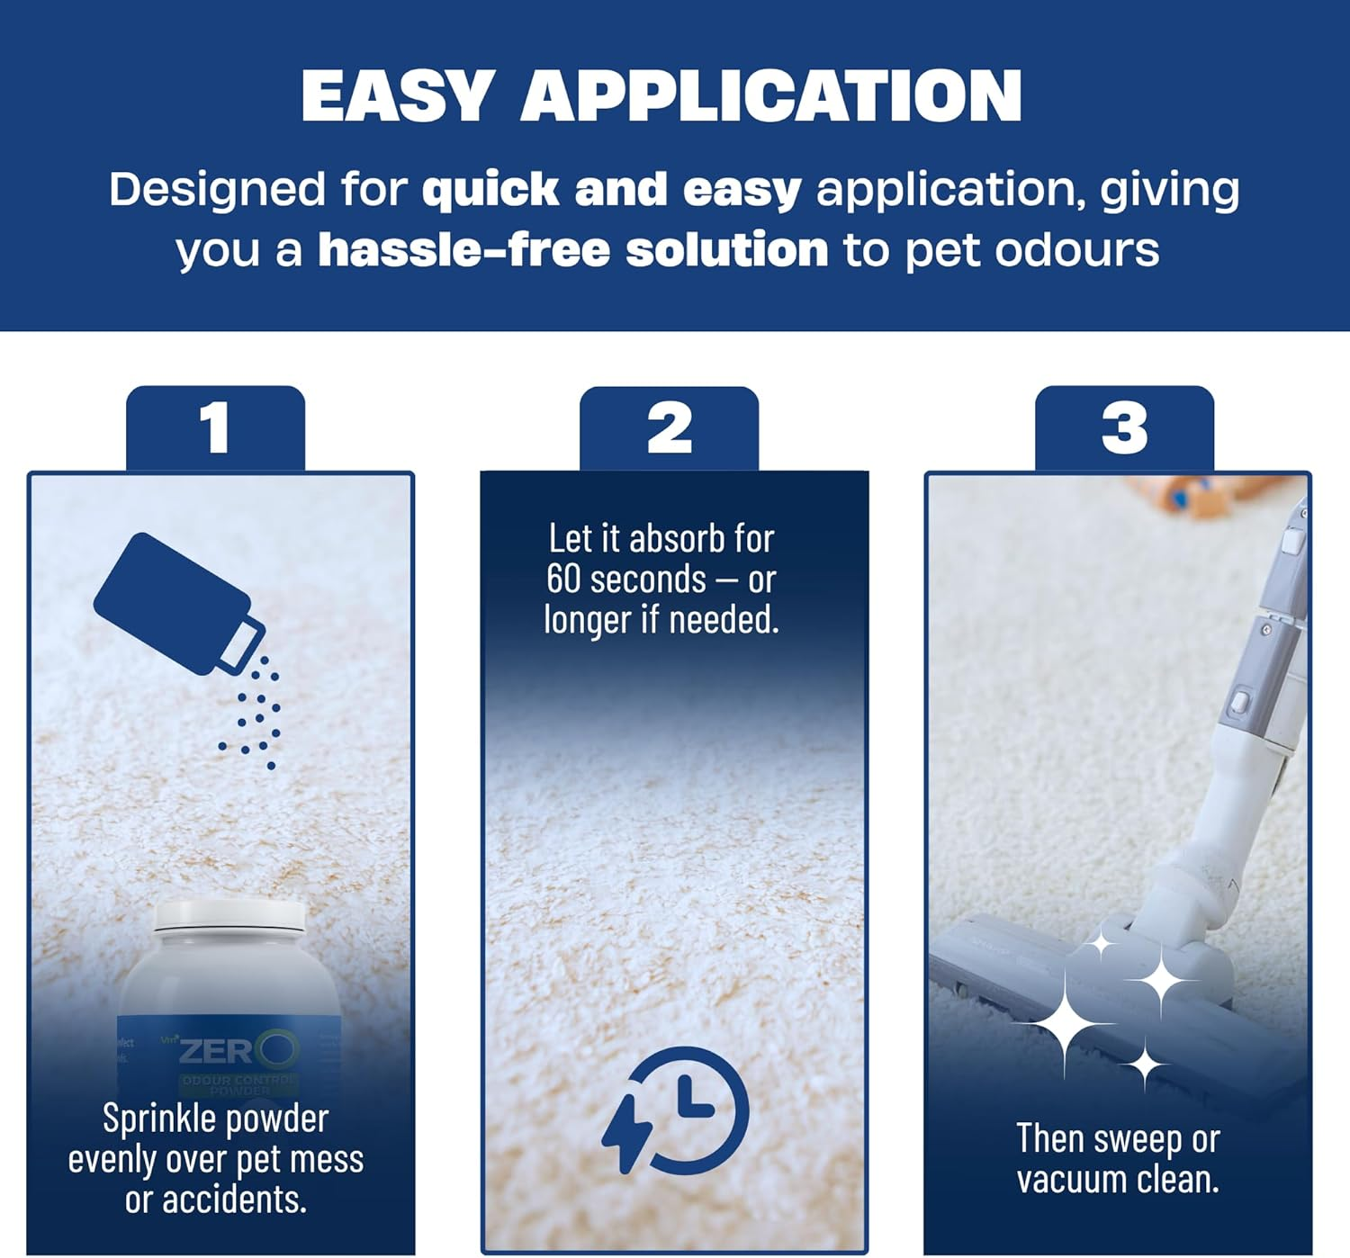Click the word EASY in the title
tap(396, 95)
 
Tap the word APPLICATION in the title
tap(770, 95)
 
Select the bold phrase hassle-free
tap(464, 249)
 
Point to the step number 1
tap(215, 427)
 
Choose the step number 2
tap(670, 427)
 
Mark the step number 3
tap(1124, 427)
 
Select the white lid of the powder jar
tap(229, 917)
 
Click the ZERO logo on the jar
tap(238, 1050)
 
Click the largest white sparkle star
tap(1065, 1023)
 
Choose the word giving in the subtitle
tap(1170, 191)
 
